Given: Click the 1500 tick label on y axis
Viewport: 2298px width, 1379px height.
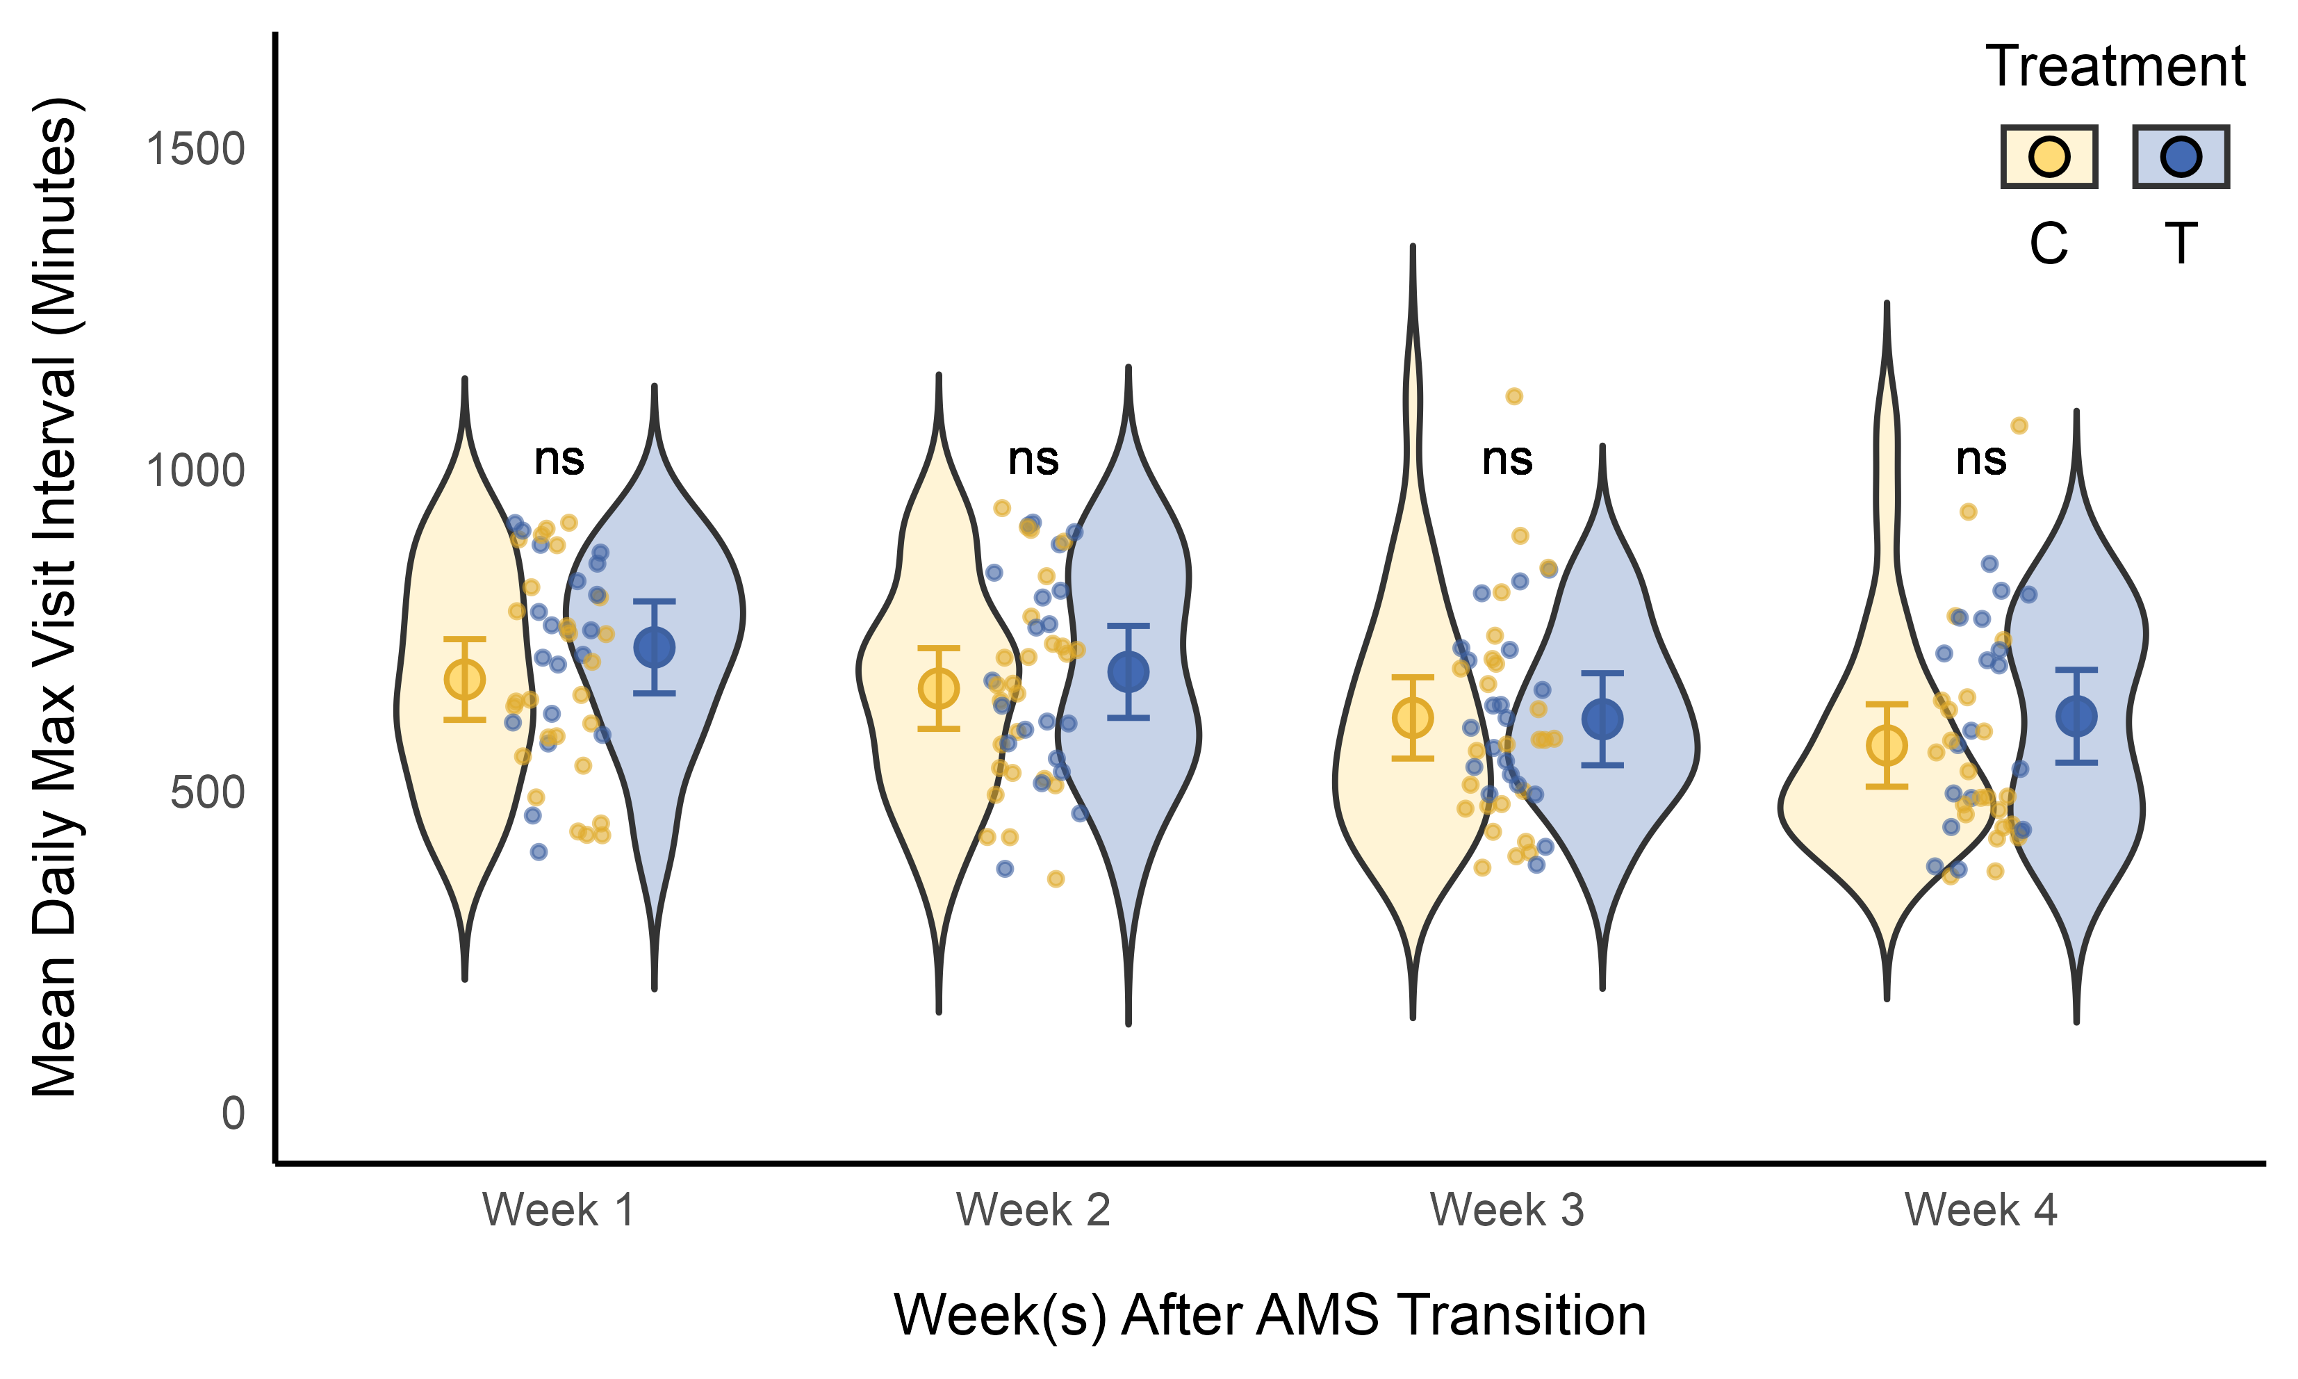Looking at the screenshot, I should pyautogui.click(x=195, y=149).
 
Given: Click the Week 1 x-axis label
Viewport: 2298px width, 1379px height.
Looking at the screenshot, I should pyautogui.click(x=558, y=1211).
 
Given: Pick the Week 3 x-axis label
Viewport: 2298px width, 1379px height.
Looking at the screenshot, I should pyautogui.click(x=1507, y=1211).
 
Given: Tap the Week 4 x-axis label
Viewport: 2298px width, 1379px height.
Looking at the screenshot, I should pyautogui.click(x=1980, y=1211).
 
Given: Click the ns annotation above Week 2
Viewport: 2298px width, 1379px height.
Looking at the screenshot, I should pyautogui.click(x=1033, y=458).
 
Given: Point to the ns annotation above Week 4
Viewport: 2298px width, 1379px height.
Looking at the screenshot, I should pyautogui.click(x=1980, y=458).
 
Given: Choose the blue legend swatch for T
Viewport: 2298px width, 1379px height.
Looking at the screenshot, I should pyautogui.click(x=2180, y=157).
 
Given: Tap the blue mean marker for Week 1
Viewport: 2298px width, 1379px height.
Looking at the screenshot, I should pyautogui.click(x=654, y=647).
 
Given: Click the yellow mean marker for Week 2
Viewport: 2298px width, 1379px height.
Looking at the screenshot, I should pyautogui.click(x=938, y=689).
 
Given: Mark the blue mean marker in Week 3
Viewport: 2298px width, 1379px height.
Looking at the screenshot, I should pyautogui.click(x=1602, y=718).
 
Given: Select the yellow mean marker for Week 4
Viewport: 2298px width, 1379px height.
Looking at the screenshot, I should pyautogui.click(x=1887, y=745).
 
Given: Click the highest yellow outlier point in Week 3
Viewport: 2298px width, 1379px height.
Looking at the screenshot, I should pyautogui.click(x=1514, y=396).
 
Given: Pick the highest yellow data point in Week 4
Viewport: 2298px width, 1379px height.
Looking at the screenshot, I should pyautogui.click(x=2019, y=425).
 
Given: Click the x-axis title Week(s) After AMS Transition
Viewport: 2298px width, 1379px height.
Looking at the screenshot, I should pyautogui.click(x=1270, y=1316).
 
